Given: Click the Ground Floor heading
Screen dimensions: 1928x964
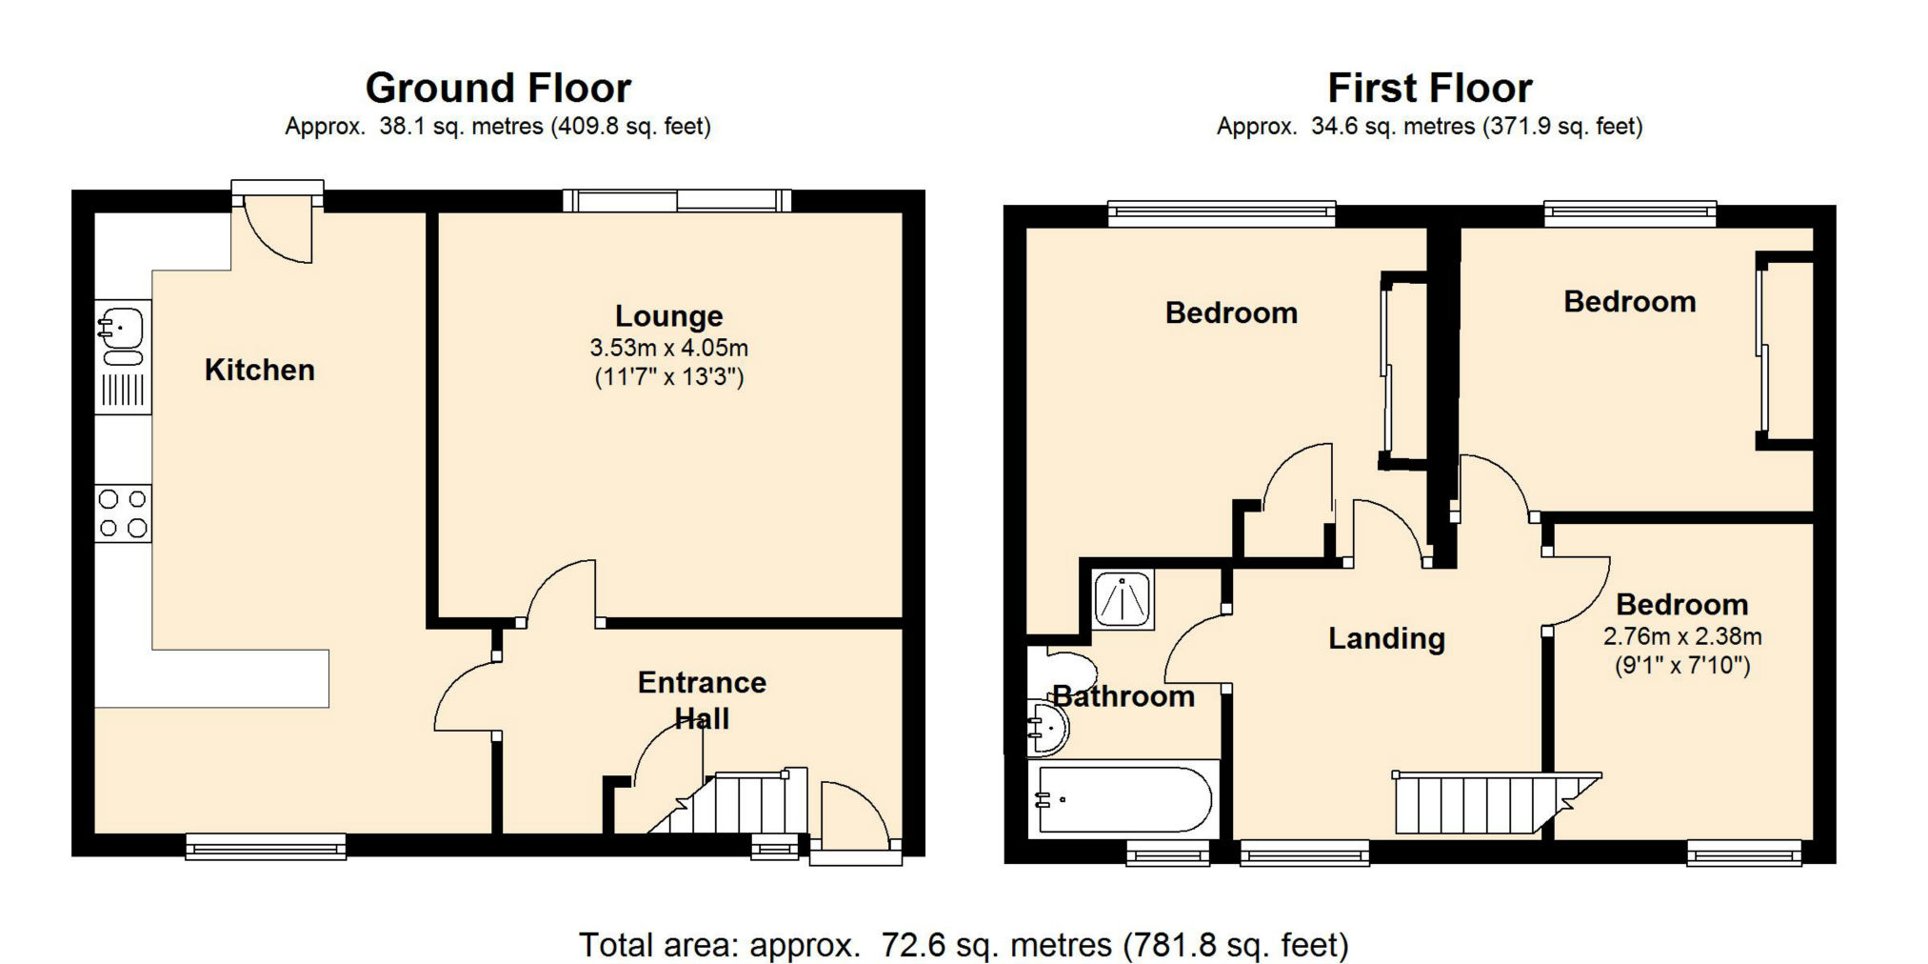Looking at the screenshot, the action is point(498,88).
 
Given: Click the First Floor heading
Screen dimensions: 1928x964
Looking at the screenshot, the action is point(1430,88).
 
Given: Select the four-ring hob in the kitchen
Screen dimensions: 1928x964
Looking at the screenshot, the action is point(123,513).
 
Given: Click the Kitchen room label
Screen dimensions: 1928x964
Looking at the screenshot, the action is point(259,370).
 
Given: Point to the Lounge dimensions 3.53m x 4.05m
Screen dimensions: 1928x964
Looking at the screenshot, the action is point(669,348).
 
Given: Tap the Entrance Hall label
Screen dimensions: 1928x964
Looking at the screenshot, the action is point(702,700).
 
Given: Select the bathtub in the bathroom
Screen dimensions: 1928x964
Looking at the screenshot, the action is point(1123,798).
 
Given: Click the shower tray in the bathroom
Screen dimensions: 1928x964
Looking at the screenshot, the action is point(1123,599).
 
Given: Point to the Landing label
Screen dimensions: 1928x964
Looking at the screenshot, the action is point(1386,638).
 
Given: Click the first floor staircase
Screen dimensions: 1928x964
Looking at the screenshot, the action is point(1495,803).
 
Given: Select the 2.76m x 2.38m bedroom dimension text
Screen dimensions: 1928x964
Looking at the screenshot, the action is point(1682,636).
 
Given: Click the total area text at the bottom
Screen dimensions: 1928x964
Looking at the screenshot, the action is point(964,945).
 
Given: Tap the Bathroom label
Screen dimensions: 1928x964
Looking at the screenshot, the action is point(1123,696).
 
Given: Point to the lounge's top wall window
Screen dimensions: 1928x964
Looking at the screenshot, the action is point(677,200).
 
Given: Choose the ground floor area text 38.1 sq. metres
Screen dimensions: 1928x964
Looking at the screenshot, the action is point(462,127).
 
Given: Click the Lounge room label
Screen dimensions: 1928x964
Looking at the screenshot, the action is point(668,316).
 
